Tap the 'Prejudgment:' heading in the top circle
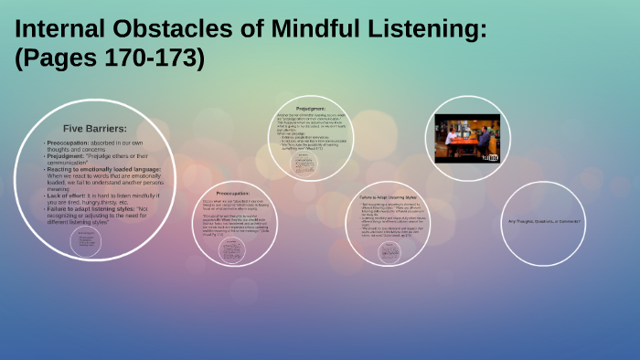coord(315,108)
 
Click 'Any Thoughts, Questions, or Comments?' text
coord(545,222)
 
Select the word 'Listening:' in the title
coord(424,30)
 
